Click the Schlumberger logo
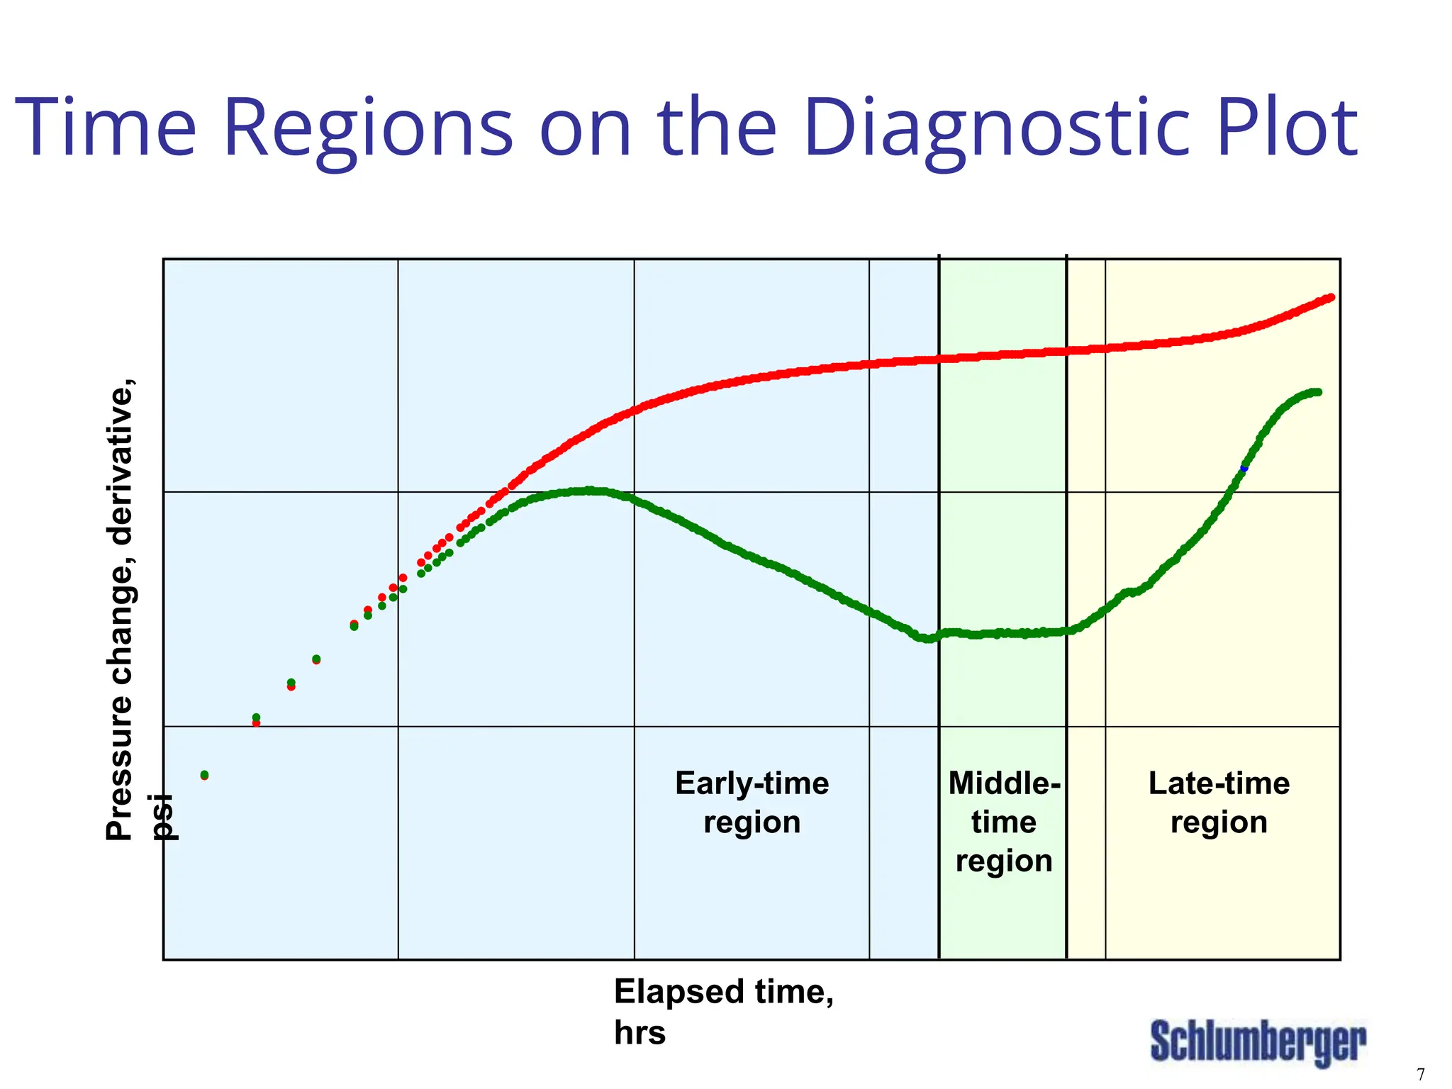[1258, 1042]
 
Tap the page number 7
[1420, 1074]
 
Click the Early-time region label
[752, 803]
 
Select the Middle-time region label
[1004, 822]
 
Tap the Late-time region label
[1219, 803]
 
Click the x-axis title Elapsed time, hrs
[722, 1011]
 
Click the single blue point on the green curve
[1244, 468]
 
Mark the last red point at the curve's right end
[1331, 297]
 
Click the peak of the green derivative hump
[588, 490]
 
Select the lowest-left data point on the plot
[204, 775]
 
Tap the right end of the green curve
[1317, 392]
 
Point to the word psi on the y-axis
[164, 817]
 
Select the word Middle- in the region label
[1004, 783]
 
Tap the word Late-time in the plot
[1219, 783]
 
